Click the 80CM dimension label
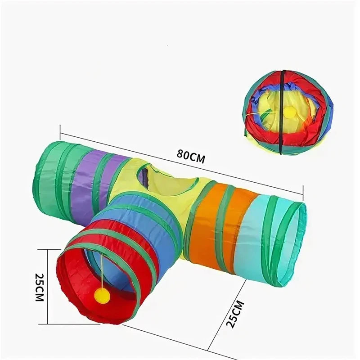[x=191, y=157]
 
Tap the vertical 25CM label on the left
[x=39, y=287]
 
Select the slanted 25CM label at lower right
[x=234, y=314]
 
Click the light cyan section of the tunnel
[x=255, y=237]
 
